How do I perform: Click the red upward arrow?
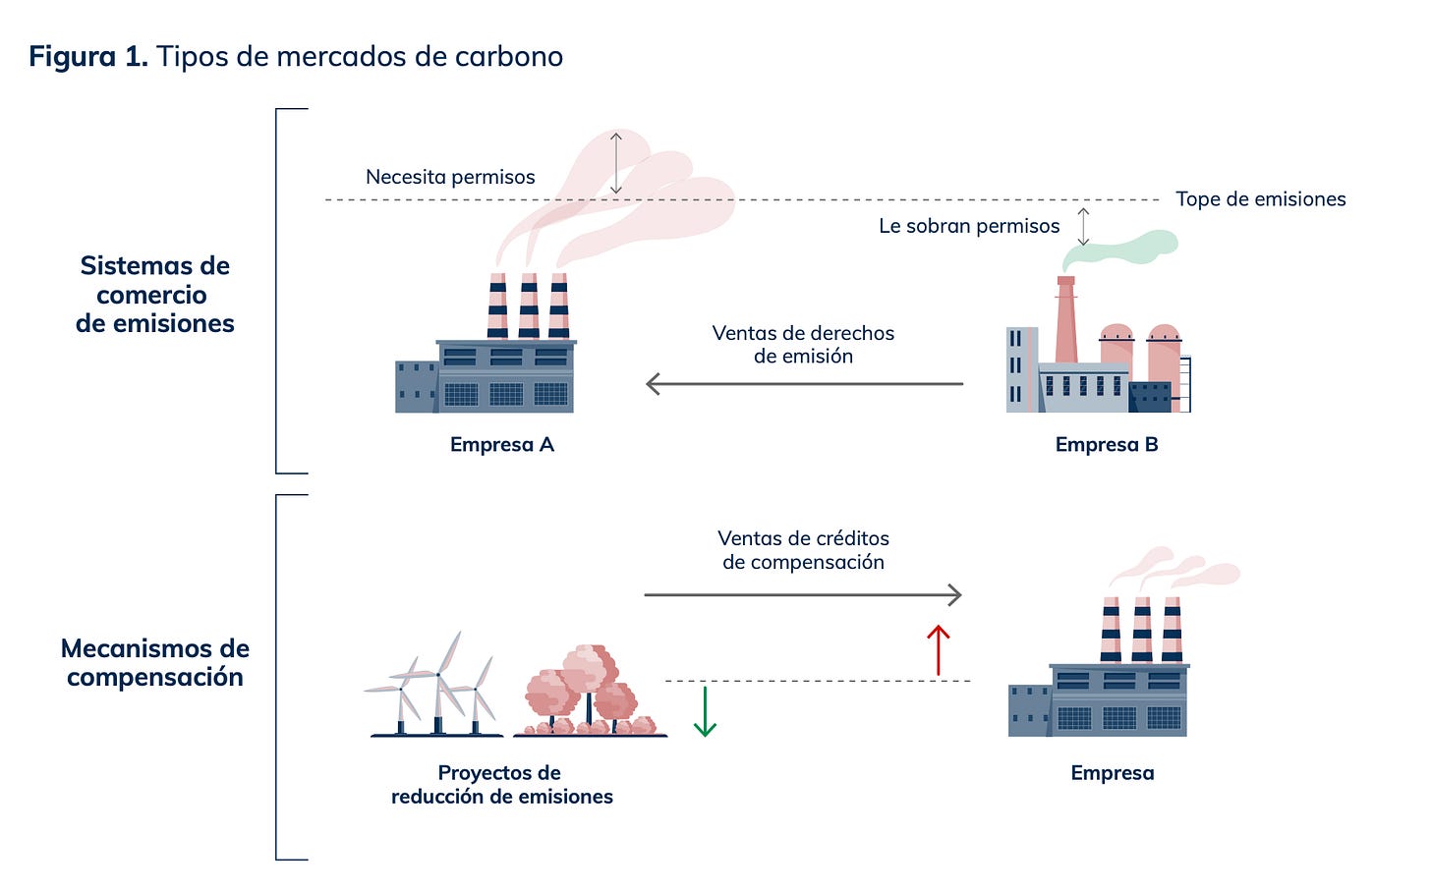point(939,650)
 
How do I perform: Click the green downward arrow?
point(705,712)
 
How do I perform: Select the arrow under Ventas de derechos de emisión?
point(804,384)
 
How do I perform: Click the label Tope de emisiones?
point(1260,199)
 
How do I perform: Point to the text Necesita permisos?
point(450,177)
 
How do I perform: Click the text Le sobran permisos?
point(969,226)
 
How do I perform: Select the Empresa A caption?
point(502,445)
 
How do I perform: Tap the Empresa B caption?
point(1107,445)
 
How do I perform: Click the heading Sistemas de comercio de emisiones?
point(155,295)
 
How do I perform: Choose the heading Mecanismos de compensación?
point(155,662)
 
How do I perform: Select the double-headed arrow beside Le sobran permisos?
point(1083,226)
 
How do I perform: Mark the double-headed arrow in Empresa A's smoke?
point(616,163)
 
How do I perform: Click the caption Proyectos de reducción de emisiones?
point(501,785)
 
